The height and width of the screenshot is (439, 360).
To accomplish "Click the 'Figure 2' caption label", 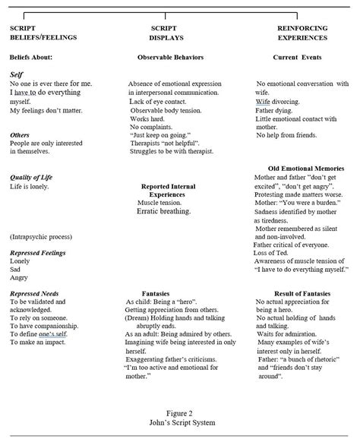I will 179,415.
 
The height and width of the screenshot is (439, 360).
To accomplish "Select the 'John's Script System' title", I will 179,424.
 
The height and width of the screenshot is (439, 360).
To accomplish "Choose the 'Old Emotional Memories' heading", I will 306,168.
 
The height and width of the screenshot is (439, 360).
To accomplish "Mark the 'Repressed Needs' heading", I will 34,292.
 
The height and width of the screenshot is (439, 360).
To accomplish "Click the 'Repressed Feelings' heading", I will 37,252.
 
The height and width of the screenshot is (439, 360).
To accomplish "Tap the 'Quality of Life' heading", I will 32,177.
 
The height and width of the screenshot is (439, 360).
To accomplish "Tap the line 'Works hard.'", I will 149,118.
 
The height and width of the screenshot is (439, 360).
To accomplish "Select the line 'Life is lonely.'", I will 30,186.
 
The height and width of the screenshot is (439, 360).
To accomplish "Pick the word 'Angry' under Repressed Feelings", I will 19,279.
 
